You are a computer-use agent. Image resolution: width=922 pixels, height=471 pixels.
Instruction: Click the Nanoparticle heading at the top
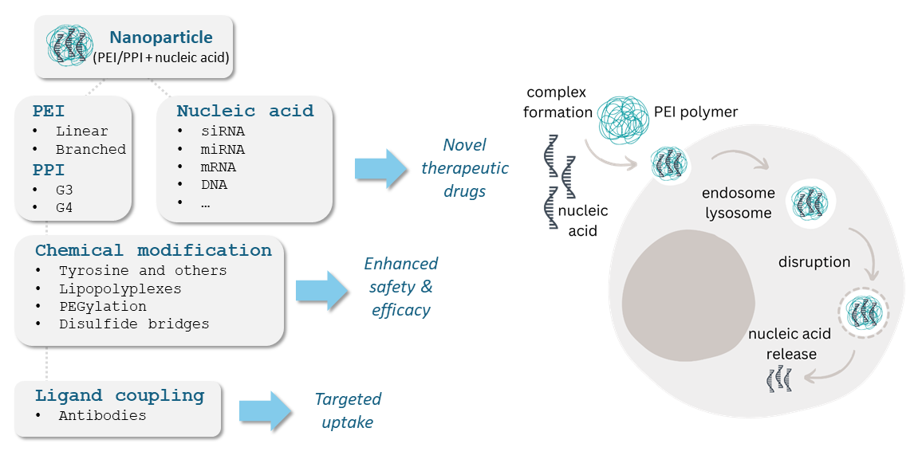coord(161,37)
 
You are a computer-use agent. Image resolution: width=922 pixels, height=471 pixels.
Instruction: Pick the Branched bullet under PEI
coord(90,149)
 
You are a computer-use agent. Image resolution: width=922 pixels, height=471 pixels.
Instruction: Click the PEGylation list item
coord(102,306)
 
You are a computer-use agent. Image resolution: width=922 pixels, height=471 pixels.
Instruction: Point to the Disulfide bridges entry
coord(133,324)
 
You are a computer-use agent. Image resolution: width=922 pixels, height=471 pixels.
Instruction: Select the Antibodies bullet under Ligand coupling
coord(102,415)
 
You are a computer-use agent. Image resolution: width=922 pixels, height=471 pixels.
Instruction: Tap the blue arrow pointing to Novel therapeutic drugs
coord(380,168)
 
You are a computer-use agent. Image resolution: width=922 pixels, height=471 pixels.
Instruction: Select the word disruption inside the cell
coord(814,261)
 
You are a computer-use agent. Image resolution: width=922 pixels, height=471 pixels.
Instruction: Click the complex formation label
coord(558,103)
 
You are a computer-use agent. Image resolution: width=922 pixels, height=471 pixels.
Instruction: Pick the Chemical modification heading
coord(153,250)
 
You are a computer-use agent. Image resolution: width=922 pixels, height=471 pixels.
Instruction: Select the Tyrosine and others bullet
coord(142,271)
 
